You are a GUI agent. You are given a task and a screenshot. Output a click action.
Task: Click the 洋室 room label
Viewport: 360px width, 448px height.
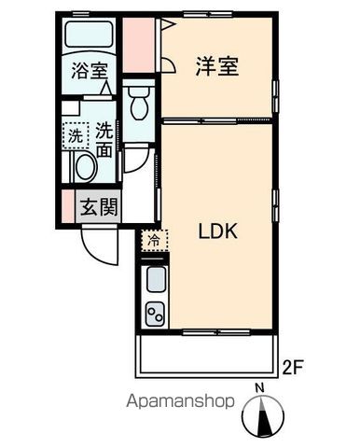(216, 67)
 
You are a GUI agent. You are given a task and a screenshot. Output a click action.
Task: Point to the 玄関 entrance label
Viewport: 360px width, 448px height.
(97, 206)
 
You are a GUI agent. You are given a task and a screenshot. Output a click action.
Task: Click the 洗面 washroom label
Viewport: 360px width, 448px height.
(104, 140)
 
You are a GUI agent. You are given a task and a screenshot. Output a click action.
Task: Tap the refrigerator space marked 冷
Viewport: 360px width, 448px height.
(152, 241)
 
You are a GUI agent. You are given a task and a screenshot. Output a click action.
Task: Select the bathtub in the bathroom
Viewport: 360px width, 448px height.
(89, 37)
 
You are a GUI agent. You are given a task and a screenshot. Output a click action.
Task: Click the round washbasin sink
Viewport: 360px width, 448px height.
(84, 168)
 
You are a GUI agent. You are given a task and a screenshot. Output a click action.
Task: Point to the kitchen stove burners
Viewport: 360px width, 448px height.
(154, 315)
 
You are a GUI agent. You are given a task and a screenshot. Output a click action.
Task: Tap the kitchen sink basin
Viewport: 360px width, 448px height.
(154, 279)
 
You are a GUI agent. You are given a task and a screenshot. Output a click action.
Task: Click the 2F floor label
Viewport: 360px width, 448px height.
(293, 367)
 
